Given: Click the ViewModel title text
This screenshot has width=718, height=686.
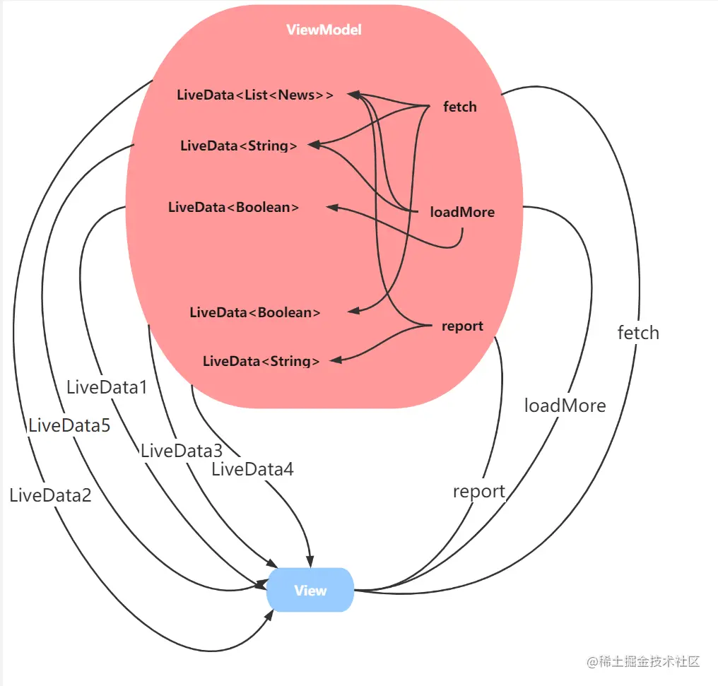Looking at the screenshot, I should pos(324,30).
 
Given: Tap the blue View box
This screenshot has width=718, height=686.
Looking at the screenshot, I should pos(310,591).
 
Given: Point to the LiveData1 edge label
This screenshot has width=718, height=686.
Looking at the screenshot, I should pos(107,387).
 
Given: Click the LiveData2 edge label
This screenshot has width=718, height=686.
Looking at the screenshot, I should pos(50,495).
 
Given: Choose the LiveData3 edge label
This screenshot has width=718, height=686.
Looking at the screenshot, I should pos(182,451).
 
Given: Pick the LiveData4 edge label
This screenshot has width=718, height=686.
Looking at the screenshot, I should pos(252,468).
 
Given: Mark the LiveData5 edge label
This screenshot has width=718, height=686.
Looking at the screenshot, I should pos(69,425).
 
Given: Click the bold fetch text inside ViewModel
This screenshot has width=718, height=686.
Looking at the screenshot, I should pos(459,107).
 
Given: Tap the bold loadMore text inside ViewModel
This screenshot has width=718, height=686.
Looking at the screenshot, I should pos(462,212).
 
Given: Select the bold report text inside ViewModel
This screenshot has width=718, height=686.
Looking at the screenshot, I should pos(462,326).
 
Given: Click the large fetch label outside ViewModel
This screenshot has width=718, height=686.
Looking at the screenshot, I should pos(638,333).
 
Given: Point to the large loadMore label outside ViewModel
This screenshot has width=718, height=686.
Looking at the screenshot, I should pos(565,406).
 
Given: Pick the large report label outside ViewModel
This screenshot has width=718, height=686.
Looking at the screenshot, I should pos(479,492).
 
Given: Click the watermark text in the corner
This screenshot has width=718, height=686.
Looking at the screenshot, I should pos(642,662).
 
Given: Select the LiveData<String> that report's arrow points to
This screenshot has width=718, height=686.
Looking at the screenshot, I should pos(261,362).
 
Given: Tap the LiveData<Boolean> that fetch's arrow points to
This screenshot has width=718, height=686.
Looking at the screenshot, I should pos(255,312).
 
